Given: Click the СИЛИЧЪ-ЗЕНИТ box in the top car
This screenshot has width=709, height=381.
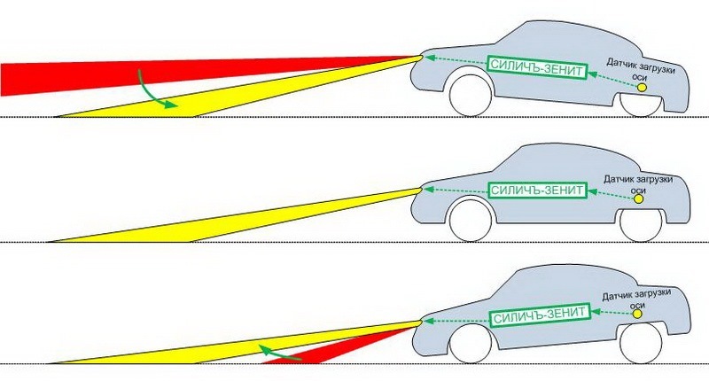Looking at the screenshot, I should [x=536, y=65].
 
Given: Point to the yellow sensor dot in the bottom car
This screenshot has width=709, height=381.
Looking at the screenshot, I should [x=636, y=312].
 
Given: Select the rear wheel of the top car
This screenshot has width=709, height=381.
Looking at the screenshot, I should [x=641, y=99].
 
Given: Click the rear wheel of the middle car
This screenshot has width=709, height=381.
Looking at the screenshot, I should [x=640, y=224].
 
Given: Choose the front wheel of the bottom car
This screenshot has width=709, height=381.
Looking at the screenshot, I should [x=470, y=343].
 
